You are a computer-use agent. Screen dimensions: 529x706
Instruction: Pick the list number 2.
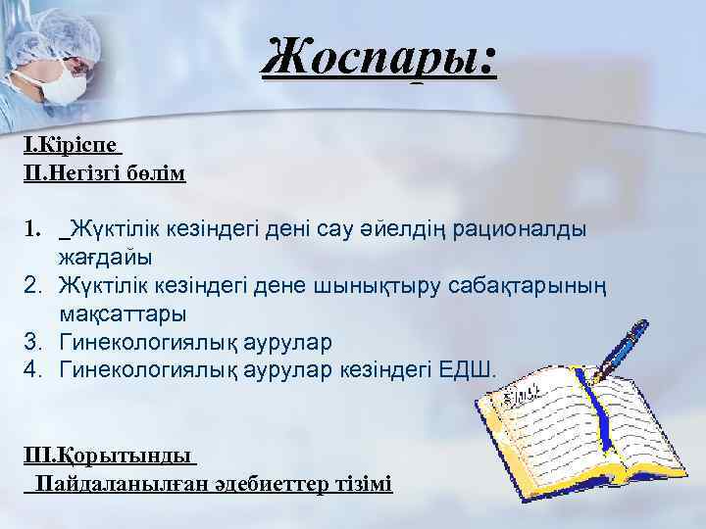[x=32, y=286]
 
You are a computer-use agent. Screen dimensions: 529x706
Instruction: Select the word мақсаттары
[x=122, y=314]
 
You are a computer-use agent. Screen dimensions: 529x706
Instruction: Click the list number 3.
[x=32, y=343]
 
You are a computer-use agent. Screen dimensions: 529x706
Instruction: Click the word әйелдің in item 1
[x=378, y=229]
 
